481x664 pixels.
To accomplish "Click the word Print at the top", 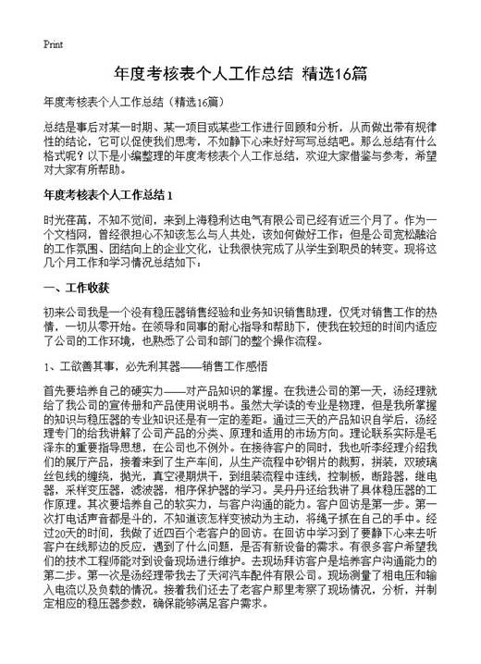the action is [x=53, y=43].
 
